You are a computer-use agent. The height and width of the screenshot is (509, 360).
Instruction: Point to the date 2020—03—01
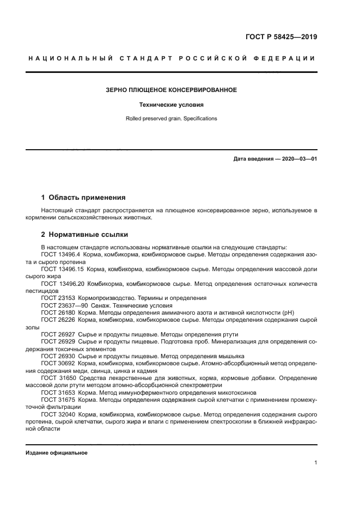298,158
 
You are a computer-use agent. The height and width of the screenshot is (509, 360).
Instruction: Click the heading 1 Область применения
83,197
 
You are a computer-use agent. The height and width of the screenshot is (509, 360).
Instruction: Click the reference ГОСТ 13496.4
60,255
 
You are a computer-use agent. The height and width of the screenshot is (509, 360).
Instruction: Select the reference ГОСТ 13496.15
62,269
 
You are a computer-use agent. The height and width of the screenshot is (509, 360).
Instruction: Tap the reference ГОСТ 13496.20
62,284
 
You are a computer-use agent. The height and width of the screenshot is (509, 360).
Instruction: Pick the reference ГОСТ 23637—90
63,305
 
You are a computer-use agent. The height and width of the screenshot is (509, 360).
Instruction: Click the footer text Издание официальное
57,453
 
